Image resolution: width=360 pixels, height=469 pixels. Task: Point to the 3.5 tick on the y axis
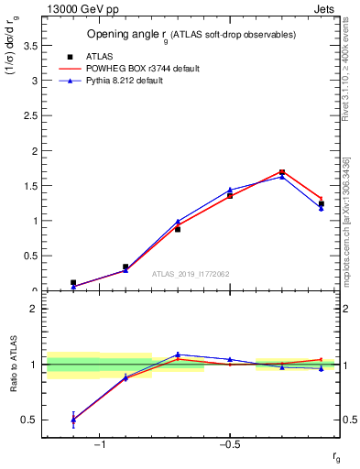[x=33, y=45]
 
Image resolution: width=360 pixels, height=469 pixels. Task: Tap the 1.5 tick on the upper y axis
[x=33, y=186]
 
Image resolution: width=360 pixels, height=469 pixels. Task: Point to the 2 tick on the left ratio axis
[x=35, y=309]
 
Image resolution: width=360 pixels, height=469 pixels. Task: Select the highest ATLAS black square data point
[x=282, y=172]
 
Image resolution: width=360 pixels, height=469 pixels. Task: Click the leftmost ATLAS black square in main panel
[x=73, y=283]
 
